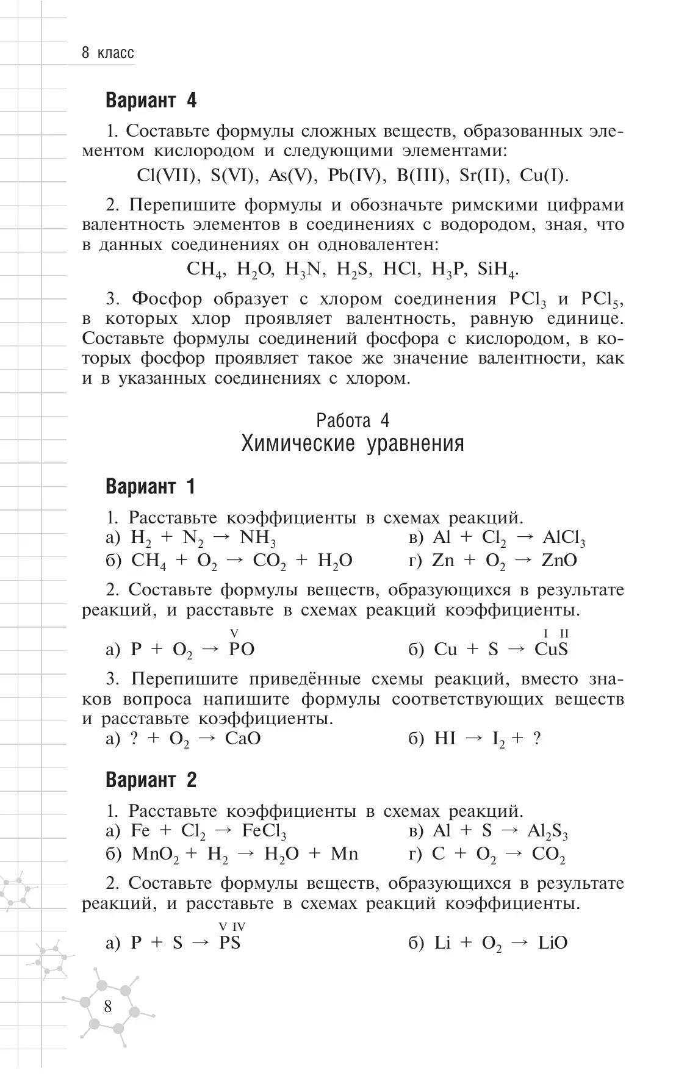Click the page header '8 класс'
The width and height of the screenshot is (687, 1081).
(x=107, y=53)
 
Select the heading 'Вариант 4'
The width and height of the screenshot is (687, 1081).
(x=151, y=101)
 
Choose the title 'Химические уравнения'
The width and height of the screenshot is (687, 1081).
(x=353, y=444)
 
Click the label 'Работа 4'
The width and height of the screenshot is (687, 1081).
(x=353, y=421)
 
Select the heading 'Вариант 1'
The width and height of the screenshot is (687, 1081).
(x=151, y=487)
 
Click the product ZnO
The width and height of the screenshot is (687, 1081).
(x=559, y=561)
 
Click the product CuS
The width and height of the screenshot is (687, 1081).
(x=551, y=650)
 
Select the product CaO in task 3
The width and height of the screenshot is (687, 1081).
(x=243, y=739)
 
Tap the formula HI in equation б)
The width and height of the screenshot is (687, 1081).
(x=445, y=739)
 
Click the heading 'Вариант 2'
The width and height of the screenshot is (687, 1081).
(x=151, y=780)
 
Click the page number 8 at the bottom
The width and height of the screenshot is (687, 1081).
(x=108, y=1006)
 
